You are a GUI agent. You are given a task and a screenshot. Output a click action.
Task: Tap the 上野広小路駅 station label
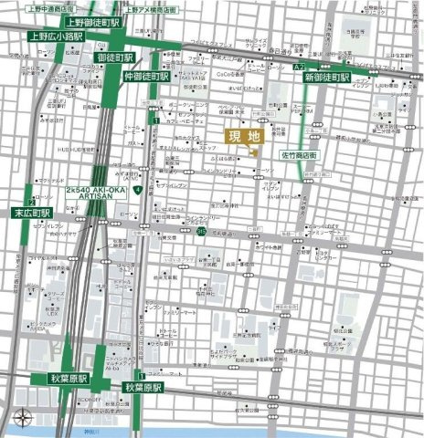[x=58, y=37]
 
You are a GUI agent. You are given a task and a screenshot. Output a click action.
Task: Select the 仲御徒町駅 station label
[x=146, y=77]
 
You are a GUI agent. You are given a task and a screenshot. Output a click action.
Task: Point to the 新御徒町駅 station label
[x=327, y=78]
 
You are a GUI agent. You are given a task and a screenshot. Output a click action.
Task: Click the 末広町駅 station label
[x=33, y=213]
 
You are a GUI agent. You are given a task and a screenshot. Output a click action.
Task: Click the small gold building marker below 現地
[x=253, y=153]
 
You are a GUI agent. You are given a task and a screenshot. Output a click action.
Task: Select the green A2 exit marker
[x=299, y=67]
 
